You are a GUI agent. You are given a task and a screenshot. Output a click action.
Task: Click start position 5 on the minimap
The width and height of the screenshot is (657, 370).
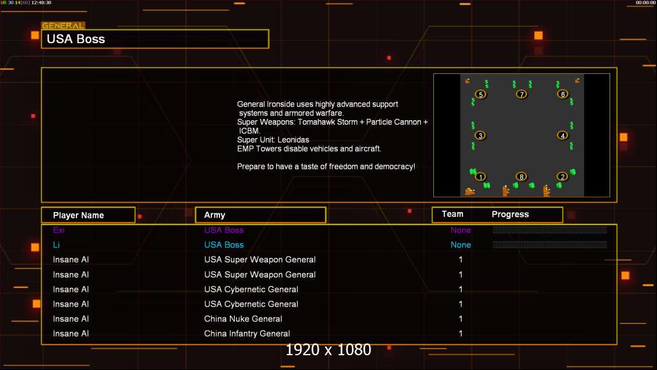coord(481,94)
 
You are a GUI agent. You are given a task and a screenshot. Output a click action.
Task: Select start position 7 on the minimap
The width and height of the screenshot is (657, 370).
coord(521,94)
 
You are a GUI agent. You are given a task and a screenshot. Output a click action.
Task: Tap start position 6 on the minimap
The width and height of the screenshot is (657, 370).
coord(563,94)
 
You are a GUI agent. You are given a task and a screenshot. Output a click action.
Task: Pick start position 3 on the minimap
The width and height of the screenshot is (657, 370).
coord(481,135)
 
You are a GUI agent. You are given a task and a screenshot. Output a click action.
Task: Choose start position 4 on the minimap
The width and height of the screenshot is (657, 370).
coord(563,135)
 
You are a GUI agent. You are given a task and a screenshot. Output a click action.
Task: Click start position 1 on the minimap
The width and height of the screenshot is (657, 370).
coord(481,177)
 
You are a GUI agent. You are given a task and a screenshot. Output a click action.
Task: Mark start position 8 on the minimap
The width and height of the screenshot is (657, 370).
coord(521,177)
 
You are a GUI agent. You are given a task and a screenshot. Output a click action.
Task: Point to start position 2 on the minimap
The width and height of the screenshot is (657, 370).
coord(563,177)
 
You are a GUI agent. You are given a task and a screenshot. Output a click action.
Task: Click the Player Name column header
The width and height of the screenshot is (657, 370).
coord(78,215)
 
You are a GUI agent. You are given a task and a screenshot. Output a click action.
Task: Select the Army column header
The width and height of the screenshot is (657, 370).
coord(214,215)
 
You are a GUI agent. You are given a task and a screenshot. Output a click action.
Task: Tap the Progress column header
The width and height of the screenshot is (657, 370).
coord(510,215)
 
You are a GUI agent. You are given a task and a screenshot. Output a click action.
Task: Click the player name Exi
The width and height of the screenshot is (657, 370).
coord(59,230)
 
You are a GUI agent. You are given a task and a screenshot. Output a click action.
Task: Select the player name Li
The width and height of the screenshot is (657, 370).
coord(56,245)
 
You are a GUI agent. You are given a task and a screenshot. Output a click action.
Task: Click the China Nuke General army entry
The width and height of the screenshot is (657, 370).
coord(243,319)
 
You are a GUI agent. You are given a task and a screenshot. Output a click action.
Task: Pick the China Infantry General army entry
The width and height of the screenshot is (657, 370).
coord(247,334)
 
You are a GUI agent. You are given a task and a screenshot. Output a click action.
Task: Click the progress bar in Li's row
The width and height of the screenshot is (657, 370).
coord(550,245)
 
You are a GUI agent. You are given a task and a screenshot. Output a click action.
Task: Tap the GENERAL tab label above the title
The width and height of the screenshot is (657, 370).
coord(63,25)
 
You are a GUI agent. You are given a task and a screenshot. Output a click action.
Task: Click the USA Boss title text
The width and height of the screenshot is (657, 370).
coord(76,39)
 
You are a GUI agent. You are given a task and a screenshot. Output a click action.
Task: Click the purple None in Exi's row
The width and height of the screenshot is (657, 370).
coord(460,230)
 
